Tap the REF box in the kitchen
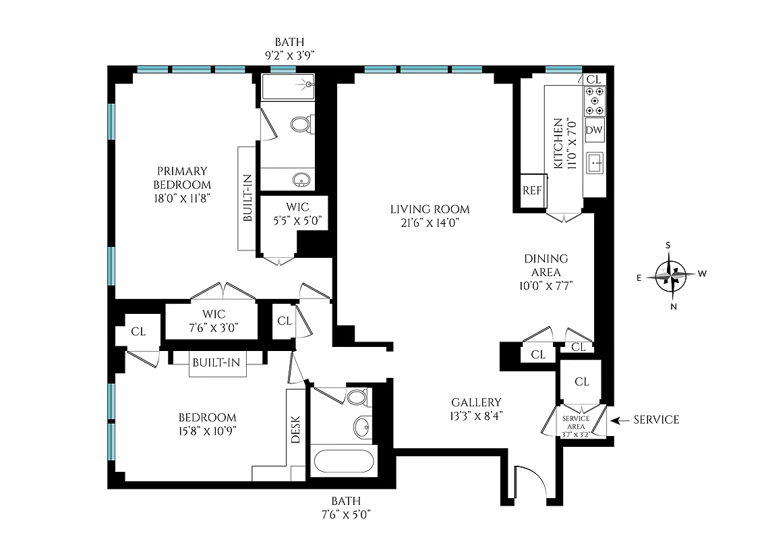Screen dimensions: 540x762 click(532, 190)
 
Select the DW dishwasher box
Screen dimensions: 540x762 click(594, 130)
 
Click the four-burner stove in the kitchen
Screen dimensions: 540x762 click(594, 101)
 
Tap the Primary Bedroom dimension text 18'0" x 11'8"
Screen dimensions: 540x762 click(182, 198)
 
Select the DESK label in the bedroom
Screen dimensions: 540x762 click(296, 428)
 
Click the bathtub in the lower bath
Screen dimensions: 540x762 click(343, 462)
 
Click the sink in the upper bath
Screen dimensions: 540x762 click(301, 180)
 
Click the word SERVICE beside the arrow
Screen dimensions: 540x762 click(655, 420)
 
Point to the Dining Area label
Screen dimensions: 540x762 click(546, 265)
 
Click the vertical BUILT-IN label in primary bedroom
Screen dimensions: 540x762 click(247, 198)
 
